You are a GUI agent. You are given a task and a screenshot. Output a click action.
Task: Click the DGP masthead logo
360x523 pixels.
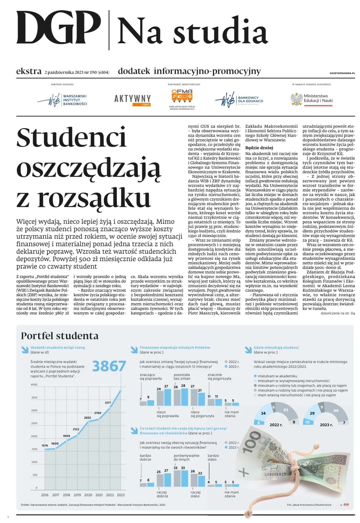pyautogui.click(x=59, y=28)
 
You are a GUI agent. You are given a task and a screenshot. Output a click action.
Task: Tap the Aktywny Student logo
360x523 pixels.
pyautogui.click(x=132, y=100)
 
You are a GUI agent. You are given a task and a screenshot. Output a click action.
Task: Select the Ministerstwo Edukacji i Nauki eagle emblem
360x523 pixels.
pyautogui.click(x=296, y=99)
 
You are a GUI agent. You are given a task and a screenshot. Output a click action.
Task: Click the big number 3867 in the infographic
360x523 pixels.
pyautogui.click(x=109, y=366)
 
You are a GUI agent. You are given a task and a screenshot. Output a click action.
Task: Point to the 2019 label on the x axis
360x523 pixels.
pyautogui.click(x=77, y=495)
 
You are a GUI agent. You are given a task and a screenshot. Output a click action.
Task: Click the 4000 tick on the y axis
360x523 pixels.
pyautogui.click(x=34, y=385)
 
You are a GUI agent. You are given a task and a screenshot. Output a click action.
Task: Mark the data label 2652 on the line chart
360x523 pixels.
pyautogui.click(x=87, y=417)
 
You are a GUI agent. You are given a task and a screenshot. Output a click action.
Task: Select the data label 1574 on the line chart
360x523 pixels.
pyautogui.click(x=45, y=445)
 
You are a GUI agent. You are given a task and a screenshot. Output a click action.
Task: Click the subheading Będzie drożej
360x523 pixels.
pyautogui.click(x=259, y=148)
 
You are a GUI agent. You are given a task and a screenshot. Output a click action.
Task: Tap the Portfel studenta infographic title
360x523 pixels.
pyautogui.click(x=60, y=336)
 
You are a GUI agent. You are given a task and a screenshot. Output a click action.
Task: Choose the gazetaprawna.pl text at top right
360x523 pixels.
pyautogui.click(x=342, y=73)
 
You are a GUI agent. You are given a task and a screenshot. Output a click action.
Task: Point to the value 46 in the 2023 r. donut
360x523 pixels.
pyautogui.click(x=336, y=411)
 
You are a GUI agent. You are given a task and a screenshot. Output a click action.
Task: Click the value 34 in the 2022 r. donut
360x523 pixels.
pyautogui.click(x=263, y=413)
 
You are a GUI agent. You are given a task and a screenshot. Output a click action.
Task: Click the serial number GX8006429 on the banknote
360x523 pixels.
pyautogui.click(x=275, y=474)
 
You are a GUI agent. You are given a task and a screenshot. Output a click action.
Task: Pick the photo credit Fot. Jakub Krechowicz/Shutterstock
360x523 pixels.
pyautogui.click(x=309, y=505)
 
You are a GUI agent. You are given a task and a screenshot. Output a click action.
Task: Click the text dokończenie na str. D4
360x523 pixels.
pyautogui.click(x=338, y=313)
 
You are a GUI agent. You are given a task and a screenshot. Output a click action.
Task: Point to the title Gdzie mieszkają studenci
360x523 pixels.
pyautogui.click(x=276, y=347)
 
